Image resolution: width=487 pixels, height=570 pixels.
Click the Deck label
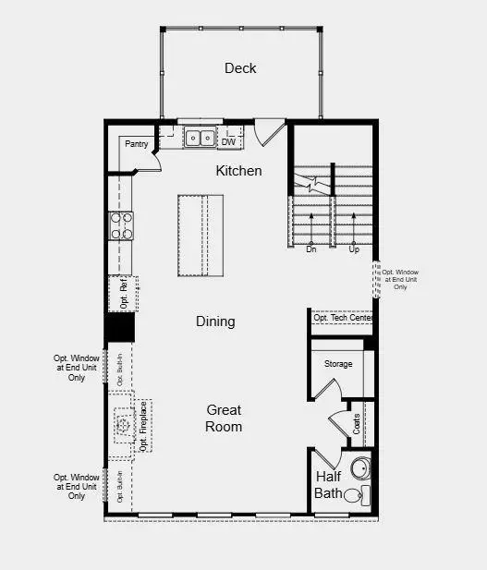pos(240,68)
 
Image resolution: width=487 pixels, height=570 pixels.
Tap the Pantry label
pos(136,144)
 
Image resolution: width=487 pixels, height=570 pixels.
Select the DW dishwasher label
pos(228,141)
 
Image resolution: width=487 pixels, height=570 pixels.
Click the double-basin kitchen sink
pos(199,139)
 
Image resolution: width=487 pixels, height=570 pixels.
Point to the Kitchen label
pos(238,171)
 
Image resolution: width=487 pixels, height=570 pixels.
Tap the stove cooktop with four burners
pos(122,226)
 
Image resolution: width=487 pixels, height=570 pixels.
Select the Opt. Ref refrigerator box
pos(123,293)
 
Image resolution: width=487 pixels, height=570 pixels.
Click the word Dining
pos(215,321)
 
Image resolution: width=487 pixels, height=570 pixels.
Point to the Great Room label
pos(224,418)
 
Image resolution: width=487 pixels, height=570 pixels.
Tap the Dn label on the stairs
pos(311,249)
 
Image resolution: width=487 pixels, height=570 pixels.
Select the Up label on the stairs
pos(354,249)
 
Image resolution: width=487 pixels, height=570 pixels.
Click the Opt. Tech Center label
pos(343,318)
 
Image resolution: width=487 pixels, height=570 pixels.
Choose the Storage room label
pos(337,364)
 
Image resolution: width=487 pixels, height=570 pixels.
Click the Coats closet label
pos(357,424)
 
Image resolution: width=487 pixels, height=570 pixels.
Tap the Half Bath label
pos(329,484)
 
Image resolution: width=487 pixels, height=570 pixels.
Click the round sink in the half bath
pos(360,465)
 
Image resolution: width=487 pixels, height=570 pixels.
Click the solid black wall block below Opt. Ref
pos(119,327)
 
